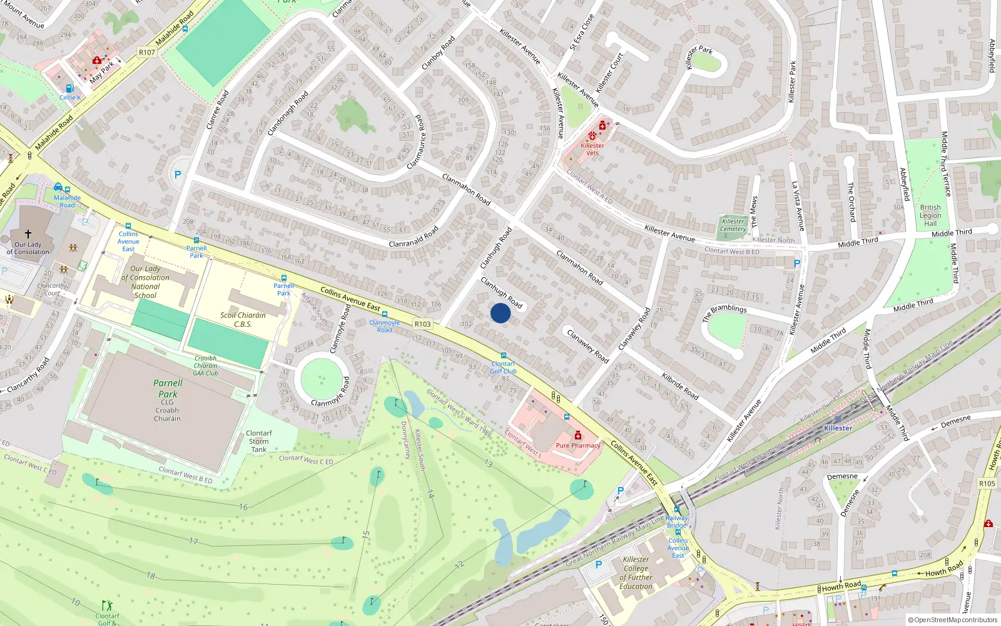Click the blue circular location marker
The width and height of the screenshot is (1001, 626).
[500, 313]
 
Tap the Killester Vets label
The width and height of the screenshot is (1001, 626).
[592, 149]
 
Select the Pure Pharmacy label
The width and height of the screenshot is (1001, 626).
[578, 446]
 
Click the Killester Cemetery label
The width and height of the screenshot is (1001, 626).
[733, 225]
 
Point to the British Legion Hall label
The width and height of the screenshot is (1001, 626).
[930, 215]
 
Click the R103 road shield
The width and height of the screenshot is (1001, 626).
[422, 324]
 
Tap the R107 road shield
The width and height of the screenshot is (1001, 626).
[147, 53]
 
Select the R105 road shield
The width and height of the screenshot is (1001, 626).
[987, 483]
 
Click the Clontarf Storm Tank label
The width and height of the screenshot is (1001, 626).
[259, 441]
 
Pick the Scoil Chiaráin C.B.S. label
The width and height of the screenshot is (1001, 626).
[243, 319]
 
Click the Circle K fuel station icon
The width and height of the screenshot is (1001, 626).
[69, 89]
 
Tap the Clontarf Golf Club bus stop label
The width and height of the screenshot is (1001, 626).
[503, 367]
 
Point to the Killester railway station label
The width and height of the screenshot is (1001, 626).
[838, 428]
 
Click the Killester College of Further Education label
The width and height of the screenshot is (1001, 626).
[636, 573]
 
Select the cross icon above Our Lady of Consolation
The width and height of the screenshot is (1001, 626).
[28, 234]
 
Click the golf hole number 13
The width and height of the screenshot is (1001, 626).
[487, 464]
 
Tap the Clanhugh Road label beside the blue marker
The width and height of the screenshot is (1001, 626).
[501, 292]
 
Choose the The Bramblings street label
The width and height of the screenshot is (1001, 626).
[724, 312]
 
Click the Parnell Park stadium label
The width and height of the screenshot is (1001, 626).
[168, 389]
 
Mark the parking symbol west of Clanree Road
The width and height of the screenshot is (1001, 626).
[178, 175]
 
